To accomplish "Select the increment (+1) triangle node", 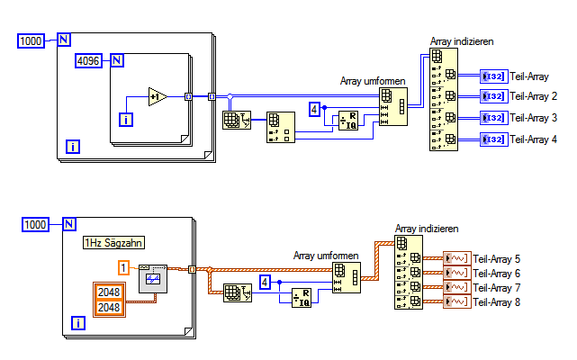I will pos(158,96).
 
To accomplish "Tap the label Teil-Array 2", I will pos(533,95).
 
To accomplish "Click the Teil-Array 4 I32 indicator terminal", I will pos(494,139).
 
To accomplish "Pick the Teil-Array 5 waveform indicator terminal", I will pos(457,259).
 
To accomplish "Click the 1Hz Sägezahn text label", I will pos(114,241).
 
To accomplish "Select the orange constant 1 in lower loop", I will pos(124,267).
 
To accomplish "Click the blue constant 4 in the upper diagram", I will pos(314,109).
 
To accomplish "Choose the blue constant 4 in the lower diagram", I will pos(265,282).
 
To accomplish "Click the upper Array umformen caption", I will pos(373,79).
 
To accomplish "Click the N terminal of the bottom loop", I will pos(68,224).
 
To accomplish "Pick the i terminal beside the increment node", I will pos(126,119).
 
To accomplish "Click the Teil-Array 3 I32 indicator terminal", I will pos(494,117).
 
